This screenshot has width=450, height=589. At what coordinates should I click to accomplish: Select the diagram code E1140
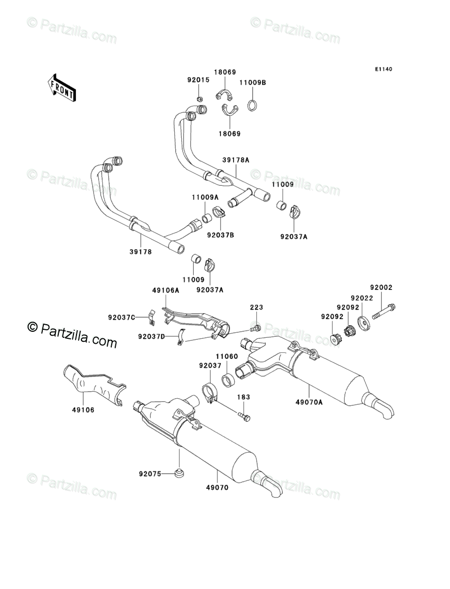coord(383,69)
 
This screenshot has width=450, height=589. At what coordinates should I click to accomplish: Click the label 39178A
coord(236,160)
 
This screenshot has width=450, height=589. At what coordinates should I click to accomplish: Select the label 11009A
coord(204,198)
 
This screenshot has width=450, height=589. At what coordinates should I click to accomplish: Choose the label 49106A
coord(166,290)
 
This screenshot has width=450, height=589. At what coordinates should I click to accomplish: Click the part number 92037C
coord(121,317)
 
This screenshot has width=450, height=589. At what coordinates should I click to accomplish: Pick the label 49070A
coord(308,402)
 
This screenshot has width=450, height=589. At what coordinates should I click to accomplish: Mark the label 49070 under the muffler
coord(217,487)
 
